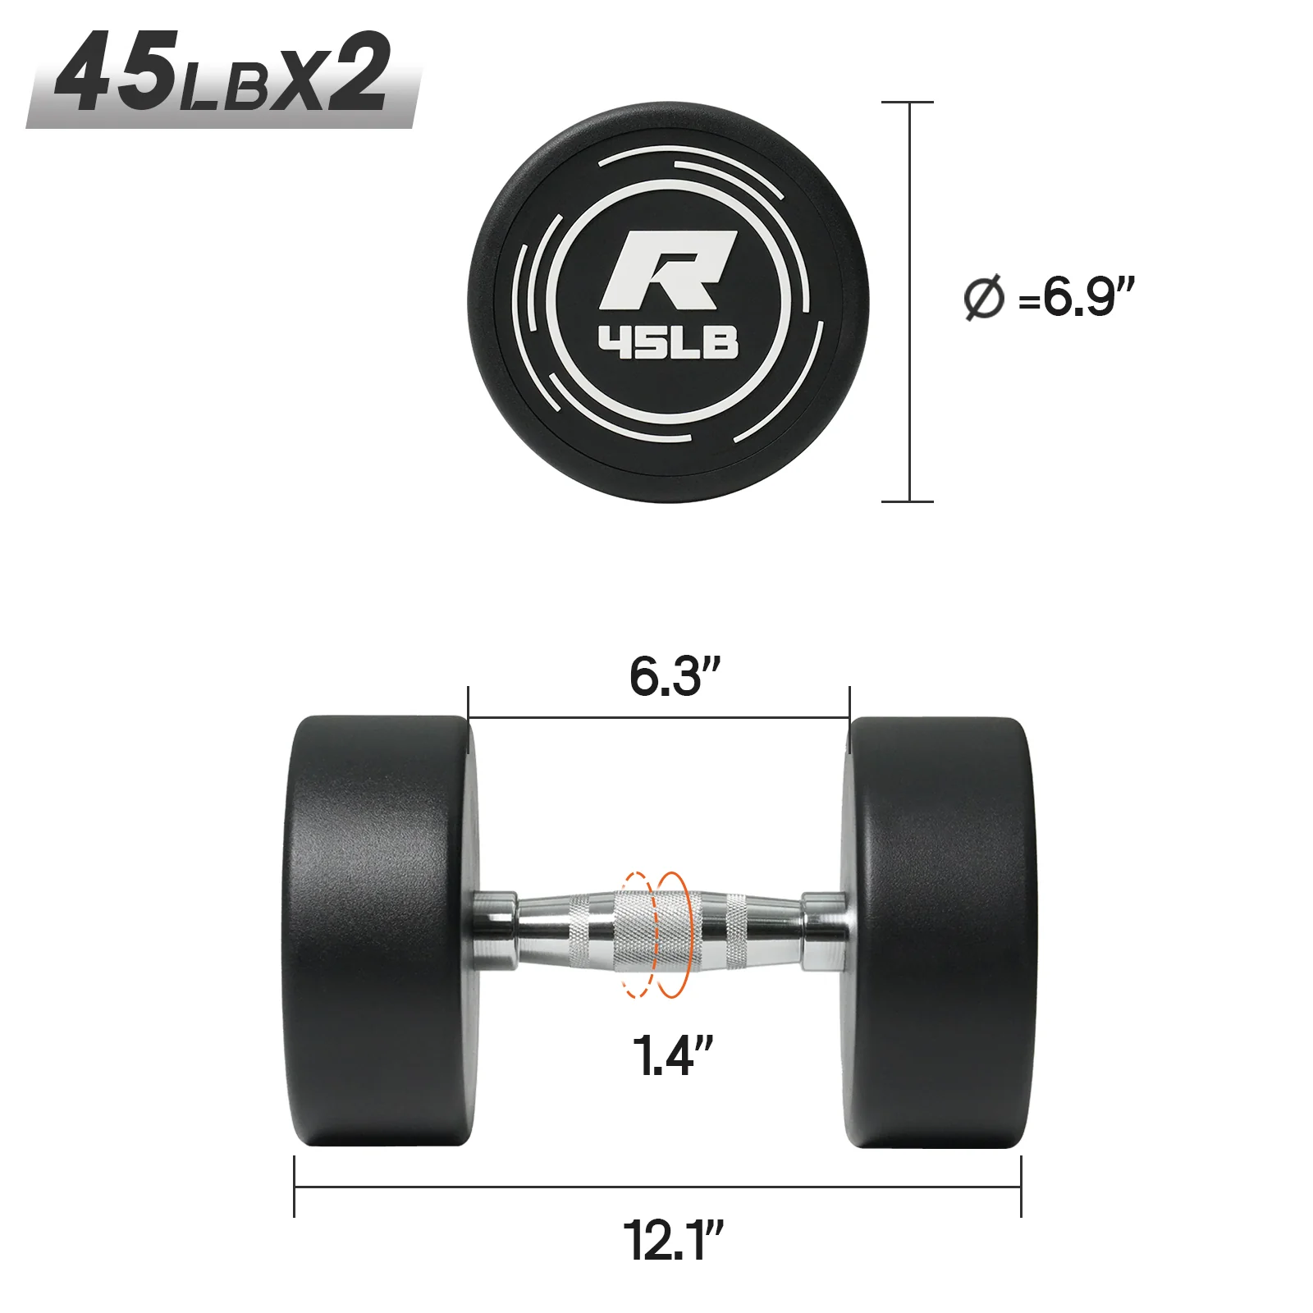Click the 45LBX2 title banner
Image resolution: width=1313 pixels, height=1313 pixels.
222,78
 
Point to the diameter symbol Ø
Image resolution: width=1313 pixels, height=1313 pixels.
983,298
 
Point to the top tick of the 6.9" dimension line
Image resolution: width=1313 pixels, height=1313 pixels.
908,103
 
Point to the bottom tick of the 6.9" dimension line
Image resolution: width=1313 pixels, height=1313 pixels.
908,501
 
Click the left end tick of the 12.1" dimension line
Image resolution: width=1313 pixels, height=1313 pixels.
295,1187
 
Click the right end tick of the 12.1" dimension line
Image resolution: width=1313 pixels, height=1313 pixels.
1021,1187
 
